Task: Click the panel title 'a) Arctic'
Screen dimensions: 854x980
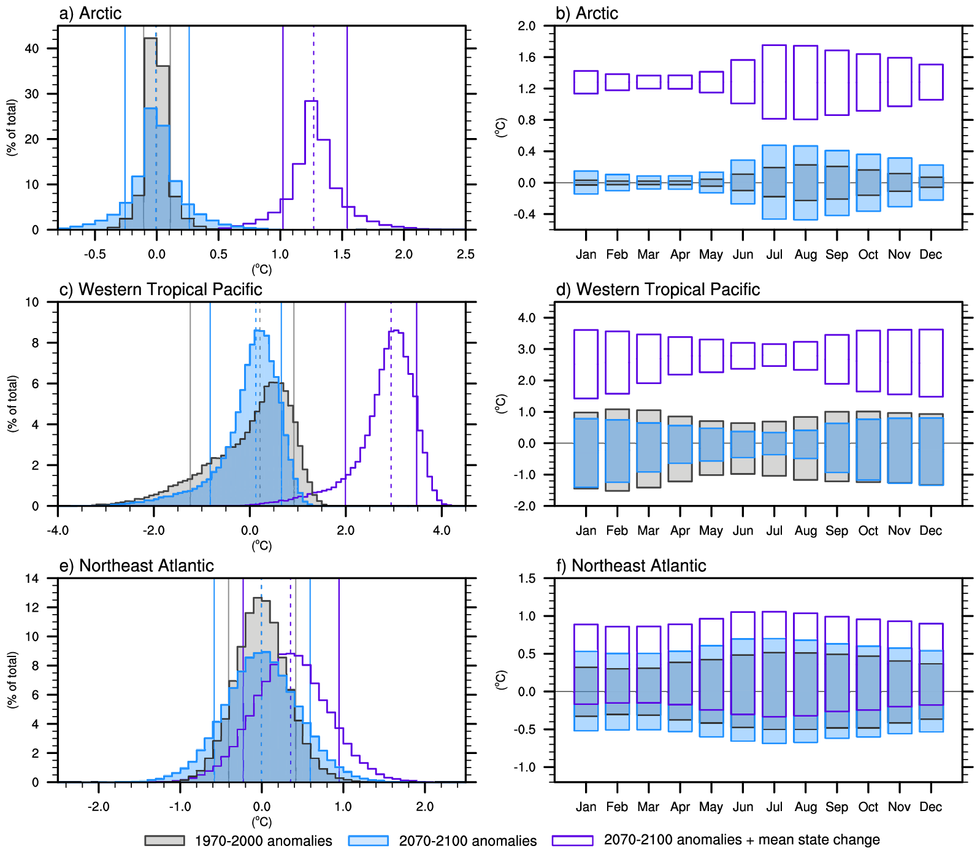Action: (90, 13)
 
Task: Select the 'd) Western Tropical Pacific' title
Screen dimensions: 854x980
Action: (657, 290)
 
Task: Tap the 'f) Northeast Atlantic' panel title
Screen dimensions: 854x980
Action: (630, 566)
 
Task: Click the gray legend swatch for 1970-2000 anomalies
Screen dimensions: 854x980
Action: (164, 841)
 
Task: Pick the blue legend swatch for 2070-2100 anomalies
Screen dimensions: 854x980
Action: (368, 841)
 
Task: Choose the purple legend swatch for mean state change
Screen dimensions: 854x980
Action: (572, 841)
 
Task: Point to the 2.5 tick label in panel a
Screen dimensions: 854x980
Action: (465, 255)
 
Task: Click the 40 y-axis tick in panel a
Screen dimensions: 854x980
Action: (32, 48)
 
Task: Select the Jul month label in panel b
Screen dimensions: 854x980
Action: (774, 255)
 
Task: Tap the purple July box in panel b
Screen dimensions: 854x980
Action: (774, 82)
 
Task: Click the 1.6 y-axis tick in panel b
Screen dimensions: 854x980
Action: (527, 58)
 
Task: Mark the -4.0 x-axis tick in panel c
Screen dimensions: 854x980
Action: (58, 531)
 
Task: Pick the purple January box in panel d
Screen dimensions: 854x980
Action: (586, 364)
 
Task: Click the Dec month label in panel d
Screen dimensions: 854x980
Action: (930, 531)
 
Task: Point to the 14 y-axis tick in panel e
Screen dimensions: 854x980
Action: (32, 579)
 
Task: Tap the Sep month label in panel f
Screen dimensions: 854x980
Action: (836, 807)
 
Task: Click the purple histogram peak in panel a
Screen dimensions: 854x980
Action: (311, 102)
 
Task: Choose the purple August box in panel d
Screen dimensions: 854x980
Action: (805, 356)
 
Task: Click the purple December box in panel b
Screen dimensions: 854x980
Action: (931, 82)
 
